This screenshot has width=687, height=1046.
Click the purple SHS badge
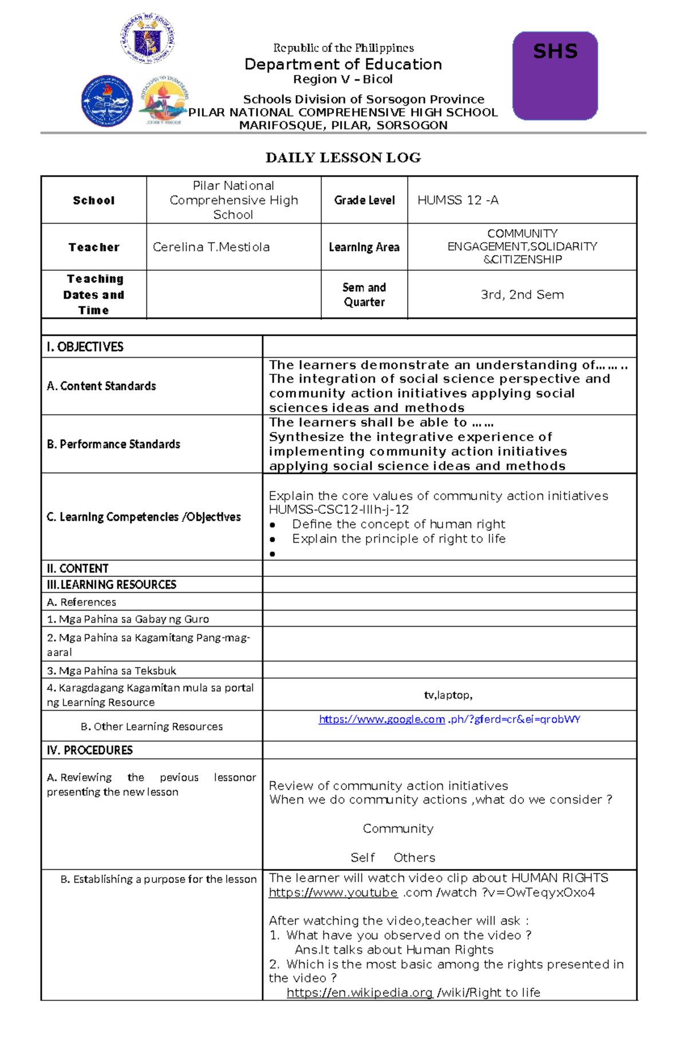[555, 76]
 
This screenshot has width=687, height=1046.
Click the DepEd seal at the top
[147, 39]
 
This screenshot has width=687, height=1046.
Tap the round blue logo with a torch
[107, 101]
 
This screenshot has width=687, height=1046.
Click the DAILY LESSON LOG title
[343, 158]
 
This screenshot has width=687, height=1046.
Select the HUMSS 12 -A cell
[457, 200]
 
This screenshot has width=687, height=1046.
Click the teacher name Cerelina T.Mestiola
[211, 247]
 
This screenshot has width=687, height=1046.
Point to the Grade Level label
[364, 200]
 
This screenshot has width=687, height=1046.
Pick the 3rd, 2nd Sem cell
[522, 295]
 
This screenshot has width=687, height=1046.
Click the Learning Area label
[364, 247]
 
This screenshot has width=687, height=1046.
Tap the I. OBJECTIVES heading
[85, 347]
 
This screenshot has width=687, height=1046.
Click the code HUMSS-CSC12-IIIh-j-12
[338, 510]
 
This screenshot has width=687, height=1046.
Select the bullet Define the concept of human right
[398, 524]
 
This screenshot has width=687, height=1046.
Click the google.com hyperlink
[381, 719]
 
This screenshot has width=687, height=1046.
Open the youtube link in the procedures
[333, 893]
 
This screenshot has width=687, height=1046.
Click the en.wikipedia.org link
[360, 993]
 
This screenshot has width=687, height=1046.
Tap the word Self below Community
[362, 858]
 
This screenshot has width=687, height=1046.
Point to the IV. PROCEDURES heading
[89, 750]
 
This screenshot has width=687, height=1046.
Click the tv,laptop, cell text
[448, 695]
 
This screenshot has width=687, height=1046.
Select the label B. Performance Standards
[113, 445]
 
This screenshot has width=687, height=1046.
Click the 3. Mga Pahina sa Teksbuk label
[111, 671]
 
